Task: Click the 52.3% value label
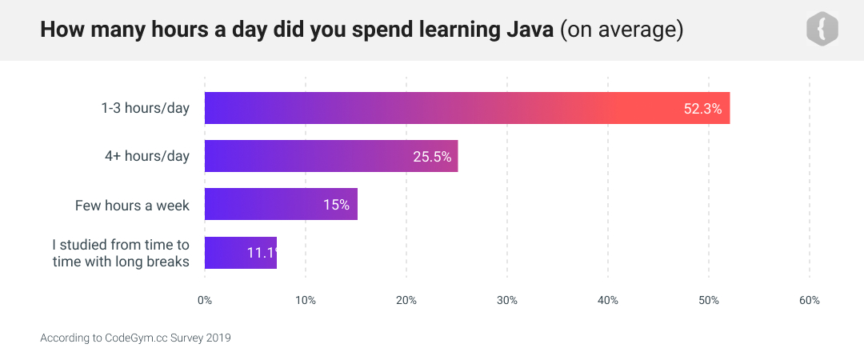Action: pos(702,109)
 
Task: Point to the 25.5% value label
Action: pos(432,157)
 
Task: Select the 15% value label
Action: pos(336,205)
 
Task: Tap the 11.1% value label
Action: pos(262,253)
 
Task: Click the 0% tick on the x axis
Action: pos(205,301)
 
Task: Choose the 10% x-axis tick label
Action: pos(306,301)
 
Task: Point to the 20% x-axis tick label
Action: pos(406,301)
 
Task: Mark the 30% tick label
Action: pos(507,301)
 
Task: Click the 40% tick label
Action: pos(608,301)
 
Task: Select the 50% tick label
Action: pos(709,301)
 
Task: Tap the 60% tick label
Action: pos(810,301)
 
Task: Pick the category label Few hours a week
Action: pos(132,206)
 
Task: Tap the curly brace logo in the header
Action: pos(822,30)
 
